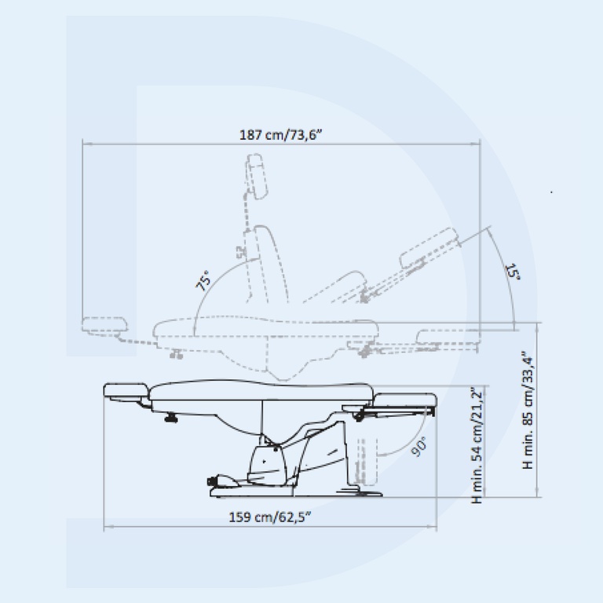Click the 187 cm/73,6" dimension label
click(x=280, y=135)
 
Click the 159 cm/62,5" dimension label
click(x=269, y=517)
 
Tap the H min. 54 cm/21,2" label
click(x=477, y=445)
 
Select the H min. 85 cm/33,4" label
click(x=528, y=410)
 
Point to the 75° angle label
click(x=203, y=280)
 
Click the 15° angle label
click(x=513, y=272)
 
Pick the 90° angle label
click(x=418, y=447)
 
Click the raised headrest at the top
click(x=257, y=177)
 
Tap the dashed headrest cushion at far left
click(x=104, y=324)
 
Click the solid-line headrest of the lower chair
click(x=126, y=391)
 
